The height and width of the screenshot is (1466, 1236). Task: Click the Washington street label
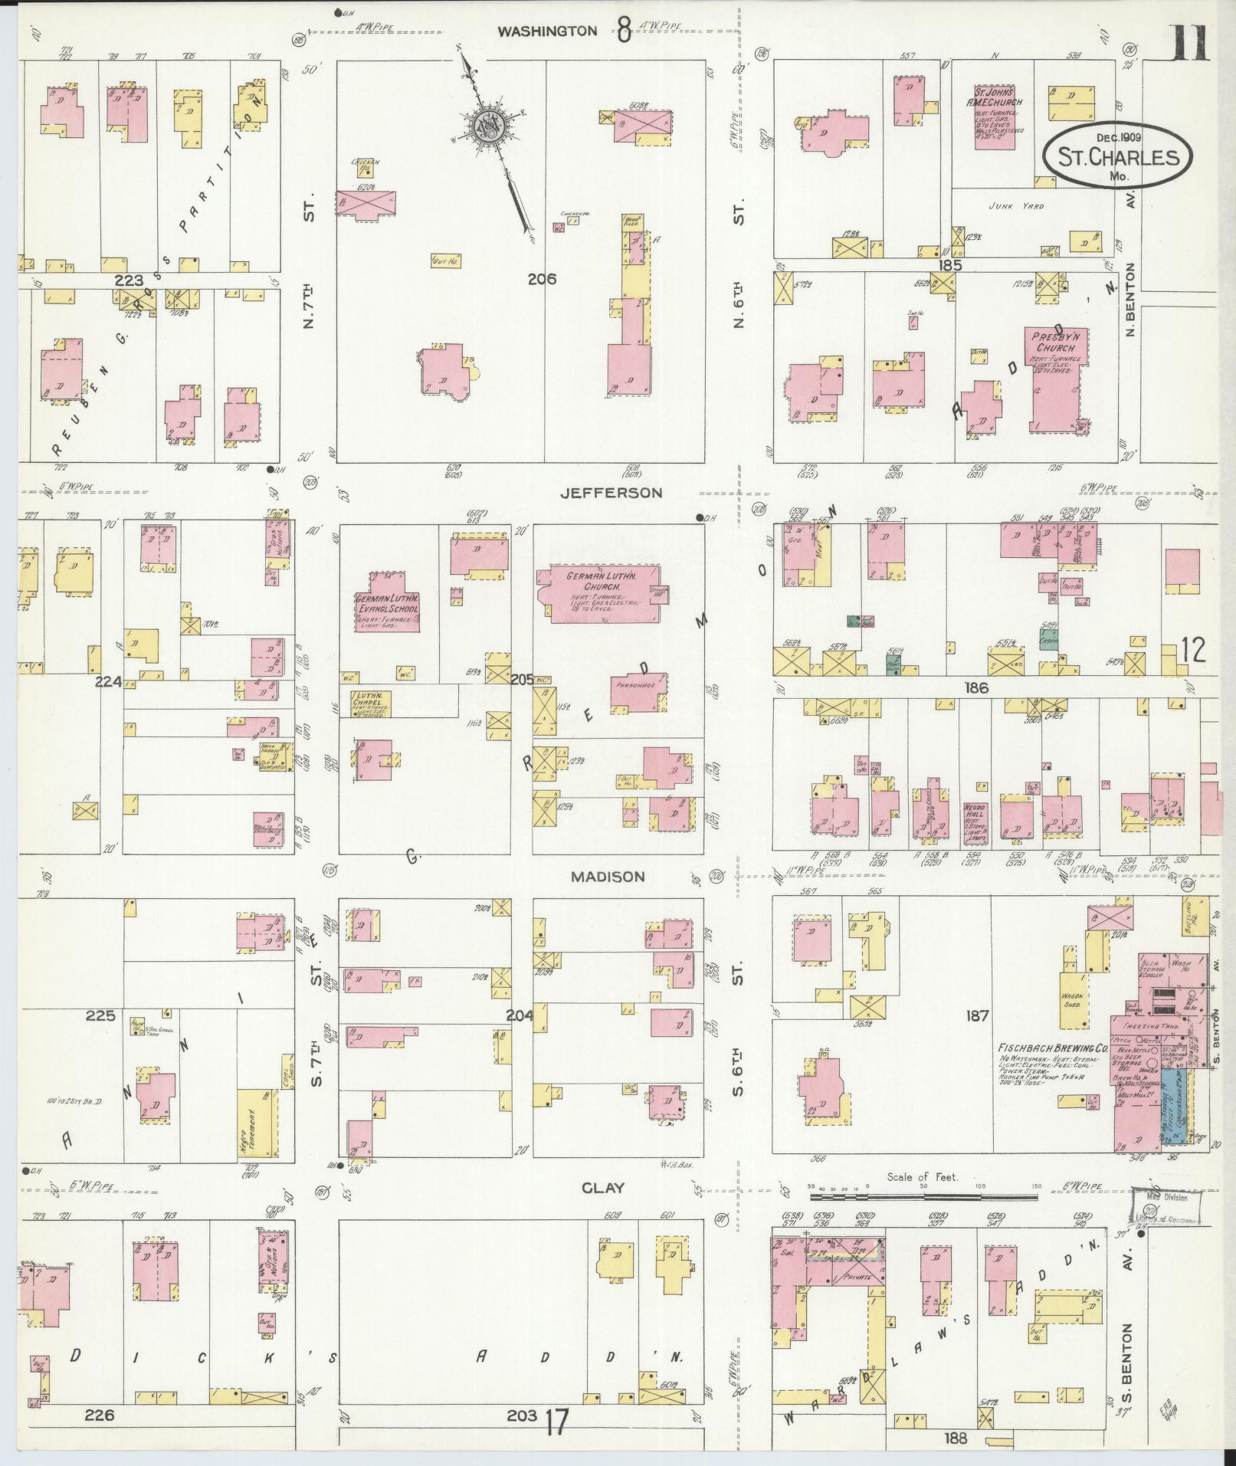546,31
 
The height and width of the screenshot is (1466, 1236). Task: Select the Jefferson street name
611,493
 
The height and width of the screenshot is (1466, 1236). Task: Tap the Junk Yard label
1017,206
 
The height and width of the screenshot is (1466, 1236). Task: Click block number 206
541,279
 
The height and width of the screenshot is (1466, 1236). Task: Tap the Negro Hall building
975,822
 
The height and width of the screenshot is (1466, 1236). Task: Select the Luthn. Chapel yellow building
371,703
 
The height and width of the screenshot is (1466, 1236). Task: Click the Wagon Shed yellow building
1072,999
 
